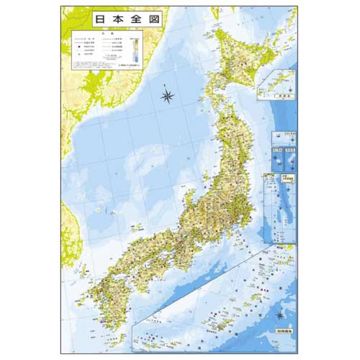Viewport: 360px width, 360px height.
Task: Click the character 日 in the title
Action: point(99,20)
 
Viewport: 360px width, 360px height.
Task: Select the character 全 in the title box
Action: point(135,20)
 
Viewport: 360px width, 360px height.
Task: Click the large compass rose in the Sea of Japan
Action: point(167,94)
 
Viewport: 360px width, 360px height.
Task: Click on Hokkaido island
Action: point(243,58)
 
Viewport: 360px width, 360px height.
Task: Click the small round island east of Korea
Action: point(98,210)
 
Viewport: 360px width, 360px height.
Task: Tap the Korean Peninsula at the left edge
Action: point(67,225)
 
